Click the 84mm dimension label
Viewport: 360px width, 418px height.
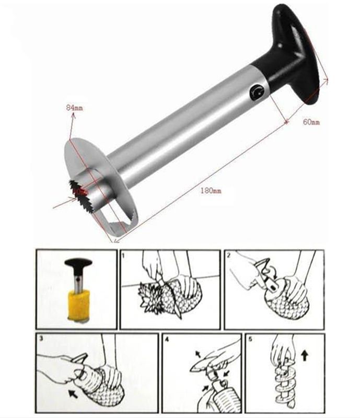[74, 108]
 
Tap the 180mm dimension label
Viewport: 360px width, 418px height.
[211, 191]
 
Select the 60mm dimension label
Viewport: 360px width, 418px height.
[311, 122]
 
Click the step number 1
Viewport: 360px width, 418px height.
[123, 256]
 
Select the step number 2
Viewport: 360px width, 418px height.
[228, 256]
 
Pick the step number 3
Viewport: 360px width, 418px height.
[41, 339]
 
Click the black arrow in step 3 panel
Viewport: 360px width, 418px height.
[73, 393]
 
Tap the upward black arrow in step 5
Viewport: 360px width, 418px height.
[305, 355]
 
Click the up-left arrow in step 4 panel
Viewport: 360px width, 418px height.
[198, 354]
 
